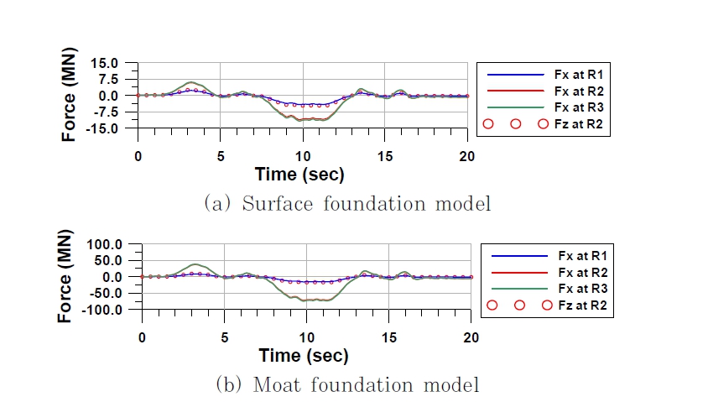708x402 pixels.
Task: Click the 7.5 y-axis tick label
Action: click(114, 79)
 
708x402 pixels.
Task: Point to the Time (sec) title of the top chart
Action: click(299, 174)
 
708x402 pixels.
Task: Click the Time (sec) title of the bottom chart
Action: click(303, 355)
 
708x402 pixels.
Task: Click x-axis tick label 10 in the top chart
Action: click(302, 155)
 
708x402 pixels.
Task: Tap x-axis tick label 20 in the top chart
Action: click(466, 155)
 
